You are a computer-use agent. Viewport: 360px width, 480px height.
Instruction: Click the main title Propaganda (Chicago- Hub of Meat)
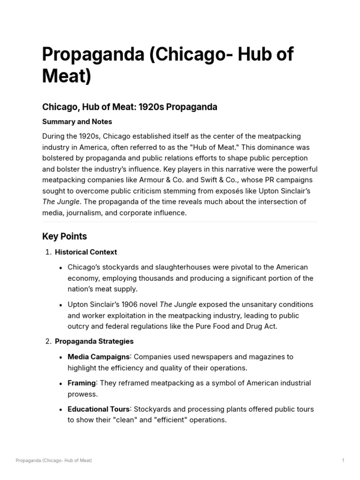[x=167, y=65]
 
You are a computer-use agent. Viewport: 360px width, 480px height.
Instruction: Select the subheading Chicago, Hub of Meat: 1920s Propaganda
[x=129, y=107]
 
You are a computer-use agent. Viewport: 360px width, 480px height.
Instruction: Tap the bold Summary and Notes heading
[x=77, y=122]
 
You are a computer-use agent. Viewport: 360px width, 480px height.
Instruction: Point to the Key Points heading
[x=64, y=236]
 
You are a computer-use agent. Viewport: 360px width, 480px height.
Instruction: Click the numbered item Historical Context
[x=86, y=252]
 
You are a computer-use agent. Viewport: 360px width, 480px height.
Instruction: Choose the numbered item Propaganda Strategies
[x=94, y=341]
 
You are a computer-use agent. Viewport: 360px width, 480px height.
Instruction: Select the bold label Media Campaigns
[x=98, y=357]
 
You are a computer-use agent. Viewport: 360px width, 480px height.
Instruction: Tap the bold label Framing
[x=82, y=383]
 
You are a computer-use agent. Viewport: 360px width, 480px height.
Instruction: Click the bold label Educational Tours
[x=98, y=409]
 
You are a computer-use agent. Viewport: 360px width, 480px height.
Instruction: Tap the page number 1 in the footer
[x=343, y=461]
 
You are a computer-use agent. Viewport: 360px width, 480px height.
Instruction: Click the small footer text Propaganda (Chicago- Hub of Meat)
[x=53, y=461]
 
